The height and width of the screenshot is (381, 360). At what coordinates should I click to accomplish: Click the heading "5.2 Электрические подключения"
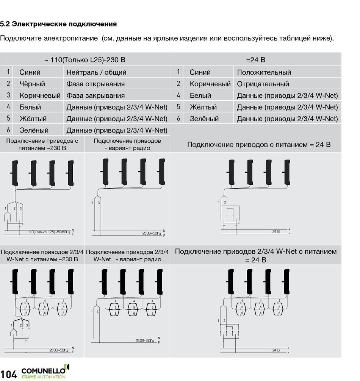coord(58,24)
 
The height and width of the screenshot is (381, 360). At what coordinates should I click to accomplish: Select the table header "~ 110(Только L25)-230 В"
coord(85,60)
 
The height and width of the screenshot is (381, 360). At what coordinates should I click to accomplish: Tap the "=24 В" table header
coord(255,60)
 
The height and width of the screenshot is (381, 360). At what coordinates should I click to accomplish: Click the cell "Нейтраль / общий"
coord(96,72)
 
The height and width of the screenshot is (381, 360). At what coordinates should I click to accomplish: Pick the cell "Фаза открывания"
coord(95,84)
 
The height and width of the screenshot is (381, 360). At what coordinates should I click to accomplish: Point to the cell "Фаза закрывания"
coord(95,95)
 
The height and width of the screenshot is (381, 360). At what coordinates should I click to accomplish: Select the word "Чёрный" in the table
coord(32,84)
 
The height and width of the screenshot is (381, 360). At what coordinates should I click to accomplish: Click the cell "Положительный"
coord(264,72)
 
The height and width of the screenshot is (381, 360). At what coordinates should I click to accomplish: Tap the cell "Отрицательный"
coord(263,84)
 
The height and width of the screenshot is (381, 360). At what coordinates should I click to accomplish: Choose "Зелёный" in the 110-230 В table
coord(34,130)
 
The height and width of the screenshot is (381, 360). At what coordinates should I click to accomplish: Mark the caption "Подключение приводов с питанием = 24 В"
coord(259,144)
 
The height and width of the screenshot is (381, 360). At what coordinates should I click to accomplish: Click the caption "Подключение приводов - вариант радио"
coord(127,144)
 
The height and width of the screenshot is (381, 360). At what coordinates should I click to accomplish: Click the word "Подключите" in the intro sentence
coord(21,39)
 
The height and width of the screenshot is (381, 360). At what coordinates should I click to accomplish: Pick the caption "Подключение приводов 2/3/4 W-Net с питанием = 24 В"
coord(256,255)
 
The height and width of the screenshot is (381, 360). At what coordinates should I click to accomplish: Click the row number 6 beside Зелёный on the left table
coord(8,130)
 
